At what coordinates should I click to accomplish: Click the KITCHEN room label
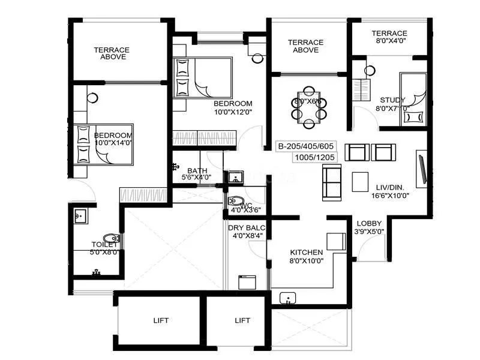click(306, 252)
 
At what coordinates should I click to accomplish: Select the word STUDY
click(392, 100)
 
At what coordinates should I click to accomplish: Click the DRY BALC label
click(247, 227)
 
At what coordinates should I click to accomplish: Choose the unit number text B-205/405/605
click(306, 146)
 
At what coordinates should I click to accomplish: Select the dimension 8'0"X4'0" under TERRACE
click(389, 42)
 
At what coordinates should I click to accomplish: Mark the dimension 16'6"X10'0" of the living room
click(389, 196)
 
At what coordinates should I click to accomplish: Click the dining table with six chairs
click(308, 107)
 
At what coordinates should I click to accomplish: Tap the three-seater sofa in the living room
click(331, 182)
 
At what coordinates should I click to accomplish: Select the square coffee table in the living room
click(361, 181)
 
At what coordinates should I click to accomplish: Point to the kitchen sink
click(289, 298)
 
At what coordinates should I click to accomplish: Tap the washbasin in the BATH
click(235, 176)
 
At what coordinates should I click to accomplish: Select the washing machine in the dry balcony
click(247, 282)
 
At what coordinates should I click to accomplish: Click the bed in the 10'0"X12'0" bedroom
click(202, 76)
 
